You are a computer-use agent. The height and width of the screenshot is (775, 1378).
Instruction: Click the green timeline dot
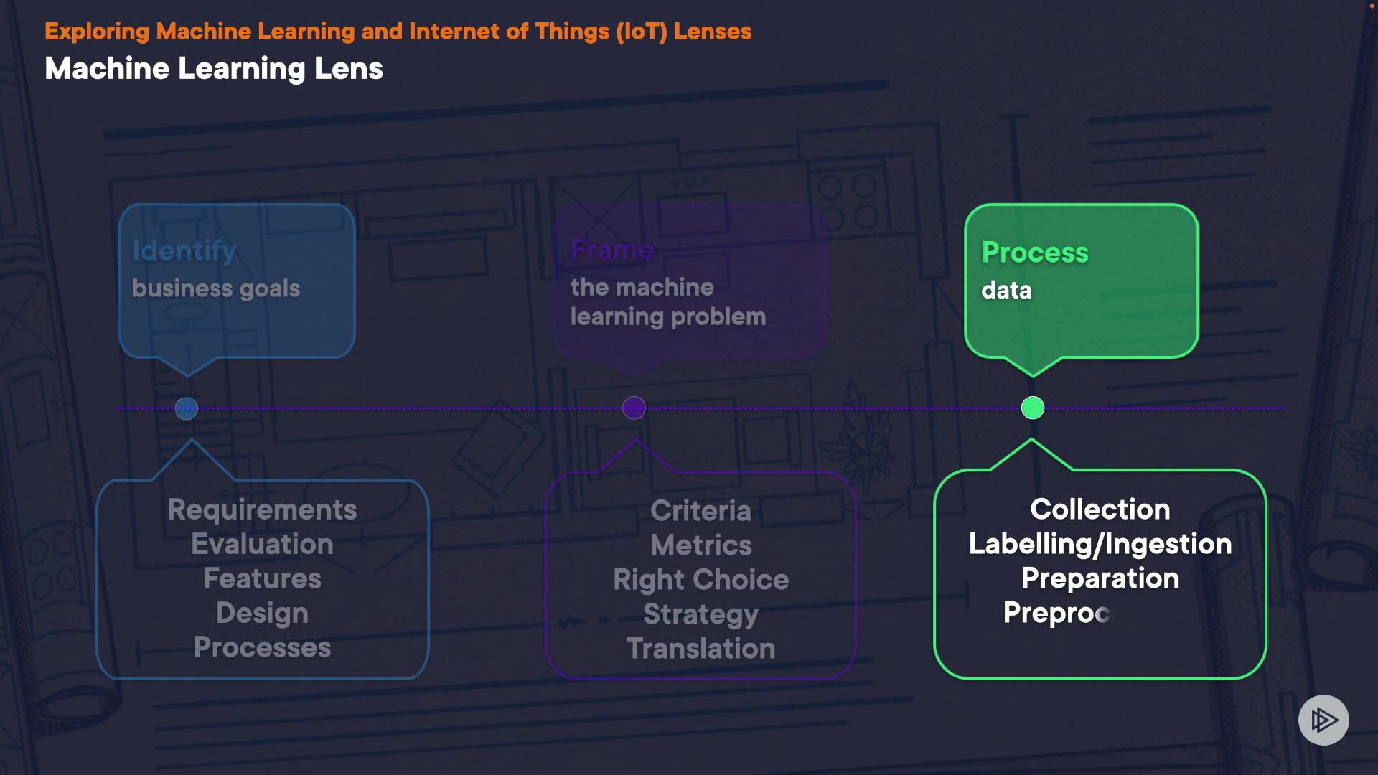(x=1033, y=408)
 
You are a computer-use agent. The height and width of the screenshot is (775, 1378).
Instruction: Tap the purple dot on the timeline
(x=634, y=408)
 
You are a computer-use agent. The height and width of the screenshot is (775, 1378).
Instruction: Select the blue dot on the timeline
(x=187, y=408)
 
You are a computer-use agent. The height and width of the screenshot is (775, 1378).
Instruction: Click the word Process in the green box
(x=1035, y=253)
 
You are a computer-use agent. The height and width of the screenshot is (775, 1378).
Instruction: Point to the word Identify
(x=184, y=250)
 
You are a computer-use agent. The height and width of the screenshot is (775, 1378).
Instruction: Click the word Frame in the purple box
(x=612, y=250)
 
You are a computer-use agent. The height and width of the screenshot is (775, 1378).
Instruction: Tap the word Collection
(x=1100, y=509)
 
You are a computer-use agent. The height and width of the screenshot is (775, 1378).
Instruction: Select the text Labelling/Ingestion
(x=1100, y=544)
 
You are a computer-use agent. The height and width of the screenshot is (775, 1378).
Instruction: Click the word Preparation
(x=1100, y=578)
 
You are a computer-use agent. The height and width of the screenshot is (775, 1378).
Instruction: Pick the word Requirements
(x=262, y=509)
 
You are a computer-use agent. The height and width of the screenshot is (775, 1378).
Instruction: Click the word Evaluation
(x=262, y=544)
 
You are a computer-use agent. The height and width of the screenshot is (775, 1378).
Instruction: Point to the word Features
(x=262, y=578)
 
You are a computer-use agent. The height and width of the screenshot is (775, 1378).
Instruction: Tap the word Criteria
(x=700, y=511)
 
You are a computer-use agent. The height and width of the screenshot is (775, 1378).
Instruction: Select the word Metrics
(x=700, y=545)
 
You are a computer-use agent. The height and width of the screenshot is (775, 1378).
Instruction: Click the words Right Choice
(x=700, y=580)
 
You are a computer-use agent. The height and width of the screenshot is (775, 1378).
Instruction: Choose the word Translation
(x=700, y=649)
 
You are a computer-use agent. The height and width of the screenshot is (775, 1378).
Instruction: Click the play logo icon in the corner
(x=1323, y=720)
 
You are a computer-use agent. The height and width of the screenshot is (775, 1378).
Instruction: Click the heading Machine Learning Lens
(x=214, y=69)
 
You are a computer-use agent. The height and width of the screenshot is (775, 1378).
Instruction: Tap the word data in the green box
(x=1006, y=290)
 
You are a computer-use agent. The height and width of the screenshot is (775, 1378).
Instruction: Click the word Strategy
(x=700, y=614)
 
